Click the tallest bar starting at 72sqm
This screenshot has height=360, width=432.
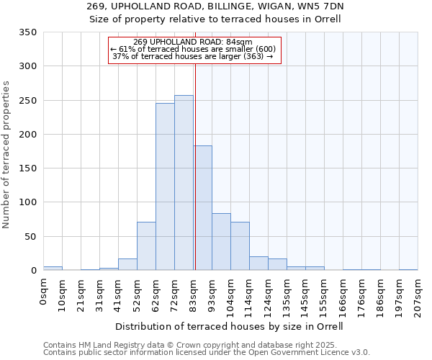pos(184,183)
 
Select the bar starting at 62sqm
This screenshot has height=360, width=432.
pos(165,186)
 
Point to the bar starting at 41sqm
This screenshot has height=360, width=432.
pos(127,264)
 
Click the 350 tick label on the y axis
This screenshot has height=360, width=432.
pos(28,32)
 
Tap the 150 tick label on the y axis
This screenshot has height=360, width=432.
pos(28,168)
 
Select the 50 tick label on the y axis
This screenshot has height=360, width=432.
pos(31,236)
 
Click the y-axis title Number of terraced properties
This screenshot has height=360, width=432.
pos(7,154)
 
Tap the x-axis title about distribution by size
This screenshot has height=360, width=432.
pos(229,326)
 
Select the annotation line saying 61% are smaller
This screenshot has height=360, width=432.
pos(193,49)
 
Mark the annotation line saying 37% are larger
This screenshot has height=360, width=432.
pos(193,56)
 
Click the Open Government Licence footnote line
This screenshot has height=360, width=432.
pos(206,352)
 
